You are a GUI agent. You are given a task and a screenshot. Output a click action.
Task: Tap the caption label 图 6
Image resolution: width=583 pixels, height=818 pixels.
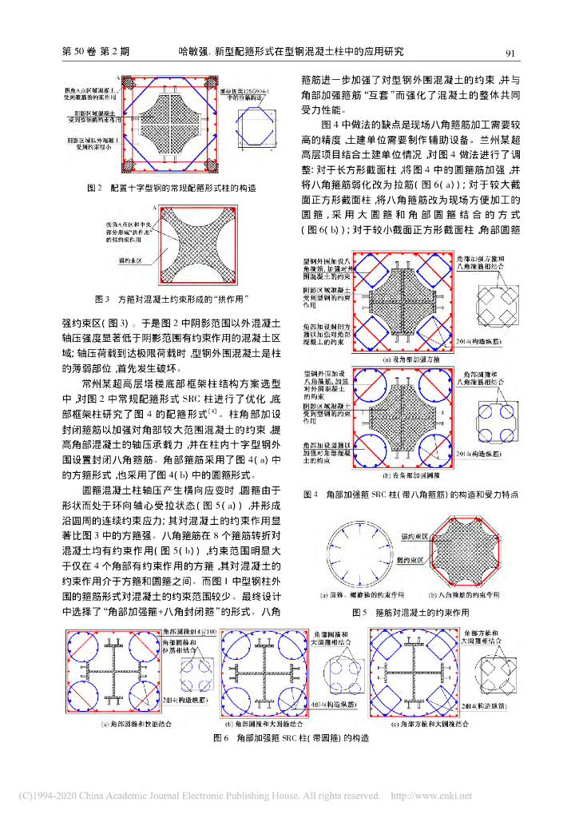220,737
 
